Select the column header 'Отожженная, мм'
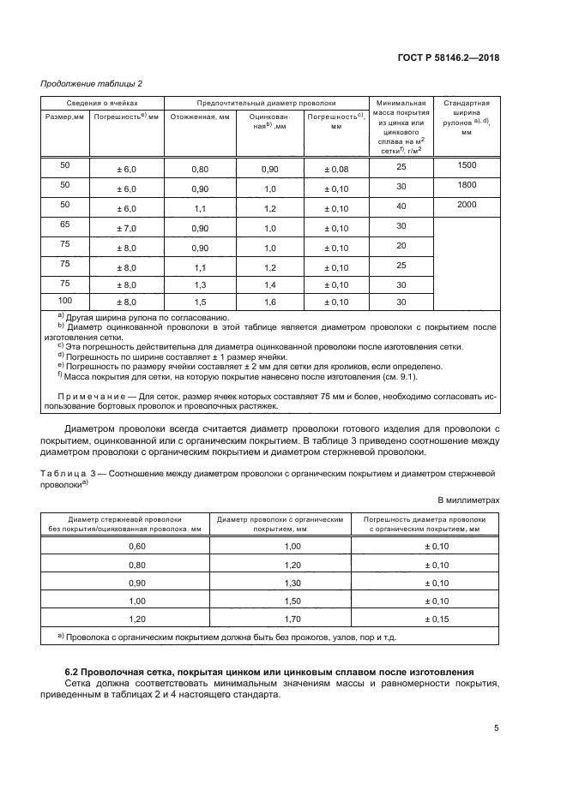[x=200, y=117]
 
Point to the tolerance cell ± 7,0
[x=126, y=227]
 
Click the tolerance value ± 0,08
[x=335, y=170]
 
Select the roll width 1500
[x=467, y=165]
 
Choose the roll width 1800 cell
[x=467, y=184]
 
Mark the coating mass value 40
[x=400, y=207]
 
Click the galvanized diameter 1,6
[x=270, y=303]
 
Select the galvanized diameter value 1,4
[x=270, y=284]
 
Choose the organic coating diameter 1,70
[x=293, y=618]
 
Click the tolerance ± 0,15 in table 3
[x=437, y=618]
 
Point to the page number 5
[x=496, y=728]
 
